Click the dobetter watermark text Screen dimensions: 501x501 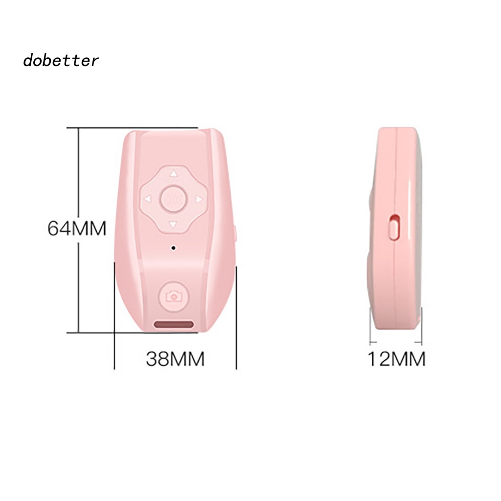(x=61, y=61)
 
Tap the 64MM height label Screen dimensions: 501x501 (x=77, y=228)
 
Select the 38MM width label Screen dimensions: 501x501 (x=175, y=360)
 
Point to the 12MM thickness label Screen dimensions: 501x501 (x=396, y=360)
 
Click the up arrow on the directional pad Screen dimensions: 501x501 (x=172, y=173)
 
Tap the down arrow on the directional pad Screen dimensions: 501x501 (x=172, y=225)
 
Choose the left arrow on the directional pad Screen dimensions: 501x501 (x=146, y=199)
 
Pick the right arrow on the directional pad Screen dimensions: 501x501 (x=199, y=199)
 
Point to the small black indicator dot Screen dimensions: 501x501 (x=173, y=249)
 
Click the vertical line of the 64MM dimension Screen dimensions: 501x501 (x=78, y=230)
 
